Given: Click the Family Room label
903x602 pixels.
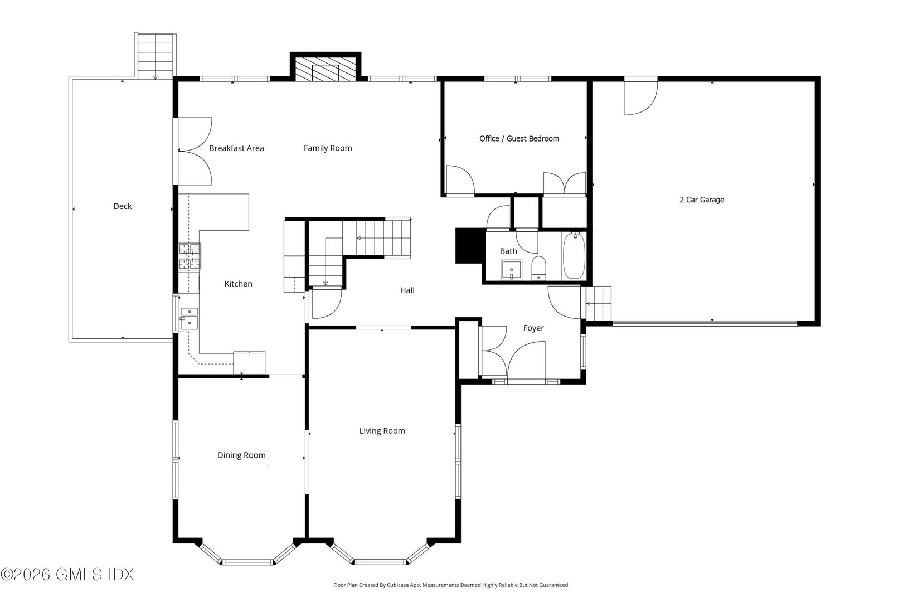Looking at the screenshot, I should (328, 148).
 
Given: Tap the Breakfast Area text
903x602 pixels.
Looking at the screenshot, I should (236, 148).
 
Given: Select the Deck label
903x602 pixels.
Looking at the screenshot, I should (122, 206).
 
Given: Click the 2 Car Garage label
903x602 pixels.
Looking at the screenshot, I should (702, 200).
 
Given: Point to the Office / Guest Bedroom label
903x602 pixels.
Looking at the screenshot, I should (519, 139).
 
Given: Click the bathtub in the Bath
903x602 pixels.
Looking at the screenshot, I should (574, 257).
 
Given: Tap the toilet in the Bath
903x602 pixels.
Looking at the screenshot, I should (538, 269).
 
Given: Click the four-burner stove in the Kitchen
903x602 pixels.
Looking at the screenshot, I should (190, 257).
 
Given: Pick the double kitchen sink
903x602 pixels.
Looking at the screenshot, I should (188, 318).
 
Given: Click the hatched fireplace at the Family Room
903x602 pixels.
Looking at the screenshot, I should (325, 69).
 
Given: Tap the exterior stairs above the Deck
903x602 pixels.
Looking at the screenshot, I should (156, 56).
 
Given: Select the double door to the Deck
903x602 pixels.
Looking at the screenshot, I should (193, 151).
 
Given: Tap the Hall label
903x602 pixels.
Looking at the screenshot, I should (407, 290).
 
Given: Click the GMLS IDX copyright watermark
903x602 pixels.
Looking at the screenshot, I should (67, 574).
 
